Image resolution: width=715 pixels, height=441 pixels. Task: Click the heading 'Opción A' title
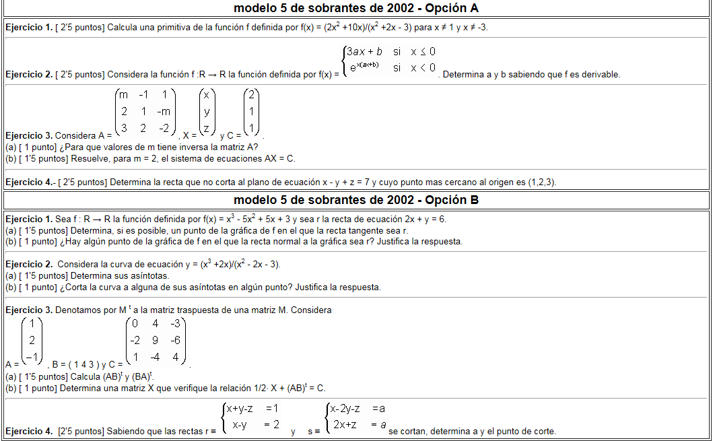[356, 8]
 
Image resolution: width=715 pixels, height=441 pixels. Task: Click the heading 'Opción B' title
[356, 200]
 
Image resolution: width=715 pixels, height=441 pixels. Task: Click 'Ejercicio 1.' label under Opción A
[28, 28]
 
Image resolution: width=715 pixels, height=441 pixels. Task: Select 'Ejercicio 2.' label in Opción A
[28, 74]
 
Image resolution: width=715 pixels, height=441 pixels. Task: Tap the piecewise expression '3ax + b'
[364, 52]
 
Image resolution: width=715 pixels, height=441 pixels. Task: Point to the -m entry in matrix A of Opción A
[164, 111]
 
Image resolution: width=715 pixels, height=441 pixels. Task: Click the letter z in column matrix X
[207, 128]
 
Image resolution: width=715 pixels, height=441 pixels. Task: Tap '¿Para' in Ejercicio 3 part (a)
[71, 147]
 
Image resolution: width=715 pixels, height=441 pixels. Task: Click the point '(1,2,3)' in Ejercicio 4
[539, 182]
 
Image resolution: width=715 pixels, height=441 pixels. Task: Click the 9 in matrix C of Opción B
[156, 341]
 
